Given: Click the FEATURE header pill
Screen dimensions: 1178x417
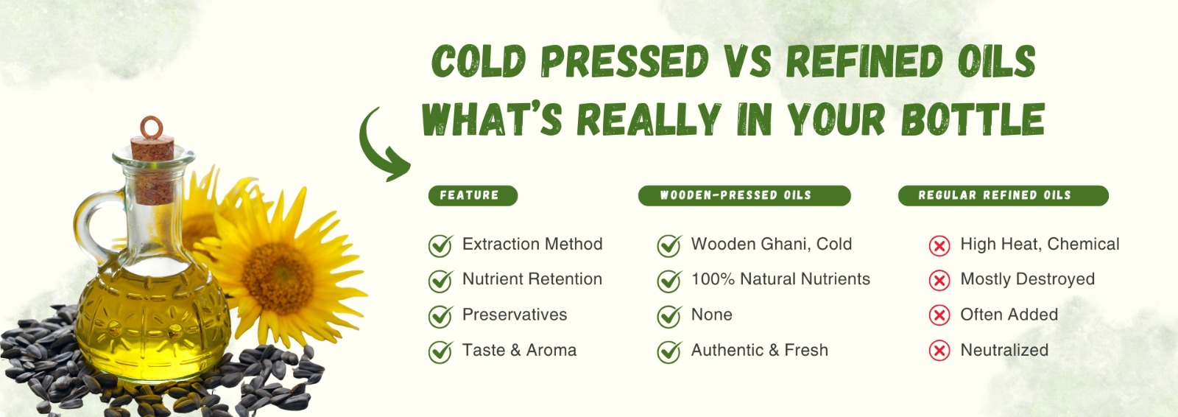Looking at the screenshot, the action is coord(473,195).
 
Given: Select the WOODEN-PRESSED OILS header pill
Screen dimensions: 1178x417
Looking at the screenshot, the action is coord(744,195).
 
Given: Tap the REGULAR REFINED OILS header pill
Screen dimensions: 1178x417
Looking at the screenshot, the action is coord(1004,195).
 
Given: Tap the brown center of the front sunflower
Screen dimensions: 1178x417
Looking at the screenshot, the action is coord(278,278).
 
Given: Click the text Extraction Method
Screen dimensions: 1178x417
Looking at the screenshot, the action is coord(532,245).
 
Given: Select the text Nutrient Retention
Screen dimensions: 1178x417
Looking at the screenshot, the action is coord(532,279).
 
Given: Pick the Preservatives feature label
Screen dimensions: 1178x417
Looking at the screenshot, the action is coord(515,315).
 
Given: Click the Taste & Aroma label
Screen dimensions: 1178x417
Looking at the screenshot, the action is coord(519,350).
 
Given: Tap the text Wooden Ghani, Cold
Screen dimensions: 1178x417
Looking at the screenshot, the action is coord(771,245).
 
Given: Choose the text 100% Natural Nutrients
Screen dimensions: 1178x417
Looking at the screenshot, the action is coord(780,279).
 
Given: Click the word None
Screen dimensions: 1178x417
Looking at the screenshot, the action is coord(711,315).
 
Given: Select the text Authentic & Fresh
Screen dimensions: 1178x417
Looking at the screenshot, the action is coord(759,350).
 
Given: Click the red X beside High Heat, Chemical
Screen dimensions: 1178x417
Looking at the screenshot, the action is coord(939,246).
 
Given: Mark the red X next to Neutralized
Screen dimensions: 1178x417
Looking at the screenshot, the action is coord(939,351).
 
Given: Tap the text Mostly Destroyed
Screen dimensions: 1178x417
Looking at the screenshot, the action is coord(1027,279).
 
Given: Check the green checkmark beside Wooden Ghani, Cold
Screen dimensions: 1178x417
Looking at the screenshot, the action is coord(669,245).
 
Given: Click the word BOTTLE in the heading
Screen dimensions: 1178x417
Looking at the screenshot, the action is coord(973,119).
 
